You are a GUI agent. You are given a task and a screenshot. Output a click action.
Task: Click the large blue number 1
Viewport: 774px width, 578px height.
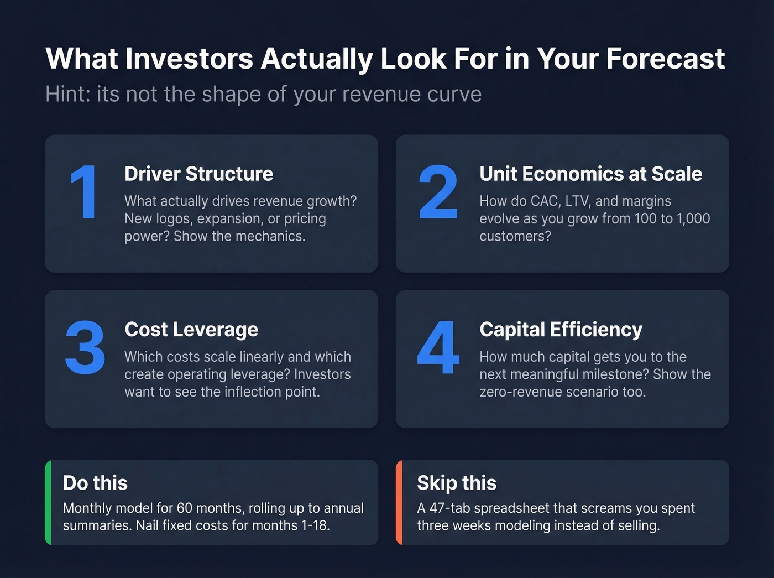(x=85, y=192)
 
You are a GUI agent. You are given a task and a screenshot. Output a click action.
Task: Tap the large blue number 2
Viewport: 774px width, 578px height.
(x=438, y=192)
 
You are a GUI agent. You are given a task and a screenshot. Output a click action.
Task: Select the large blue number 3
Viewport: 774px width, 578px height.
(x=85, y=348)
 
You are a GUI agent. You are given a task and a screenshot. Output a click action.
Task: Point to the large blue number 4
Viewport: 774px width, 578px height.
(x=438, y=348)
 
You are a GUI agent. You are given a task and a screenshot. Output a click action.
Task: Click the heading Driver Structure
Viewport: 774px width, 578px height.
(x=198, y=174)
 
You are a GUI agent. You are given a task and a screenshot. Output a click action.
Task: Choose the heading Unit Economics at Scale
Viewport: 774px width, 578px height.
(x=590, y=174)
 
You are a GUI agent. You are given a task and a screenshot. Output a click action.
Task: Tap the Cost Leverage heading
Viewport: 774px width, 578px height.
(x=191, y=330)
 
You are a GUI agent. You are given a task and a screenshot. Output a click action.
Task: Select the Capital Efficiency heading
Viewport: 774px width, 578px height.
(x=561, y=330)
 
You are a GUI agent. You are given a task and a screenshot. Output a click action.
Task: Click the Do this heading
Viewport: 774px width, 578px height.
(x=95, y=483)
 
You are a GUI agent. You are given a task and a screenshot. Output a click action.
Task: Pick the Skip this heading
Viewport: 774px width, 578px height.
(x=457, y=483)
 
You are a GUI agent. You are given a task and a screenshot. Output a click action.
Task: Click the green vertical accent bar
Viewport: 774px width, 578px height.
(x=48, y=502)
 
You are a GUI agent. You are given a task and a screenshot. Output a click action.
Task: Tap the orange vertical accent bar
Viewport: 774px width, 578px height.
(x=399, y=502)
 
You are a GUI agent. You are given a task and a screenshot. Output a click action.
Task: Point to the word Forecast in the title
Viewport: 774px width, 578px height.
(x=665, y=59)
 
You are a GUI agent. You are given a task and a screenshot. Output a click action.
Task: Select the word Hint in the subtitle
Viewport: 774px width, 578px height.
(x=66, y=94)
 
